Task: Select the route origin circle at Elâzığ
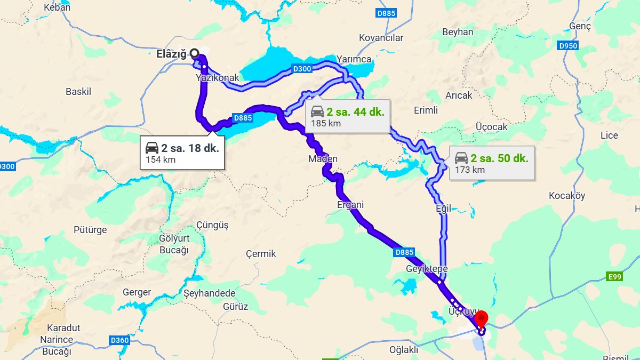point(195,53)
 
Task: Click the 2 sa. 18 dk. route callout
point(182,153)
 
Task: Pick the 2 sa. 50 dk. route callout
point(491,163)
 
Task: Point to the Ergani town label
point(350,205)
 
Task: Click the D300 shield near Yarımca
point(302,69)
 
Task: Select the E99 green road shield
point(614,276)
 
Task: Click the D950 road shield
point(569,46)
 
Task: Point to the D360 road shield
point(119,340)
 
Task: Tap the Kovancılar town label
point(381,38)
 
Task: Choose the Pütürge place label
point(90,230)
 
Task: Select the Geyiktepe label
point(427,268)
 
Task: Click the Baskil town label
point(78,92)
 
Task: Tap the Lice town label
point(609,135)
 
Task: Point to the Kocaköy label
point(567,196)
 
